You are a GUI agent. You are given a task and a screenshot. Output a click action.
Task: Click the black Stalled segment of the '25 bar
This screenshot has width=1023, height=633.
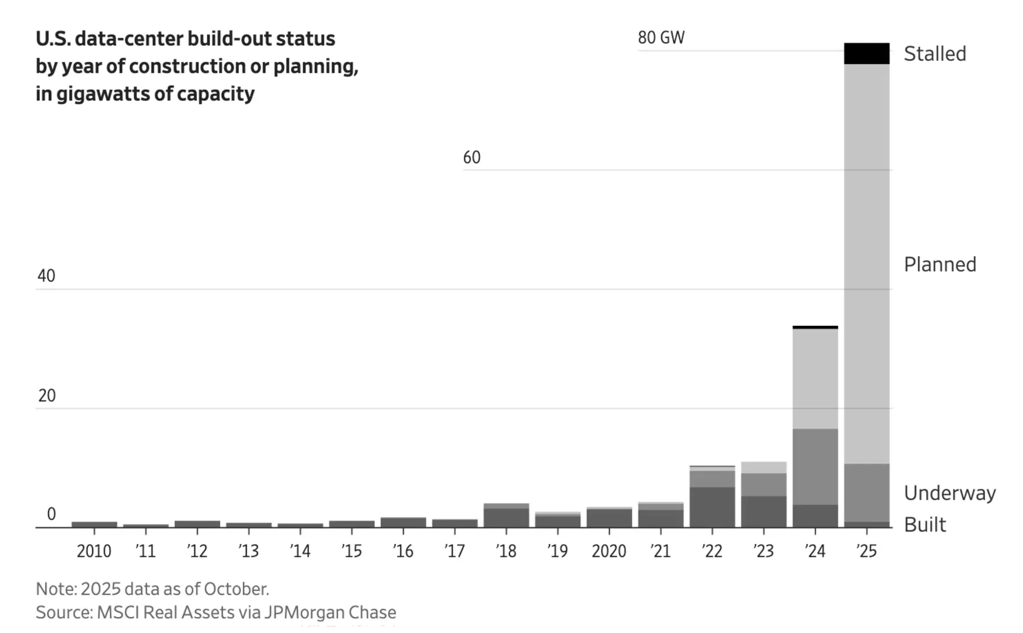866,53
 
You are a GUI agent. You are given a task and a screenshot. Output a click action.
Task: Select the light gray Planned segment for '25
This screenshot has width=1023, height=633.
866,264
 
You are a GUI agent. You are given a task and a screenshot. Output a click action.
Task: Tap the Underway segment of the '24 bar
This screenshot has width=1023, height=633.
815,467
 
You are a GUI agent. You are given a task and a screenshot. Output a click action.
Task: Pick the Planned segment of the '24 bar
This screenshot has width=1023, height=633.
815,379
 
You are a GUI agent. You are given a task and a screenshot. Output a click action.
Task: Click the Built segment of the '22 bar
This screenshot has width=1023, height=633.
712,507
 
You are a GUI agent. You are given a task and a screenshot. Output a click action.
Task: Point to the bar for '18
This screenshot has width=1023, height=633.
506,516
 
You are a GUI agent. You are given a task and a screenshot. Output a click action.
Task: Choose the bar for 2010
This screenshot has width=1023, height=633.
94,524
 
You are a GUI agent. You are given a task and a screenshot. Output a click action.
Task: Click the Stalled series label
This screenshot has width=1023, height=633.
934,54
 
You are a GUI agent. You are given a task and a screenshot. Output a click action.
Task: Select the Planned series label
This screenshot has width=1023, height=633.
940,264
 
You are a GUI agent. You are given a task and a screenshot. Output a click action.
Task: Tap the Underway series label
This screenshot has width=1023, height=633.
950,493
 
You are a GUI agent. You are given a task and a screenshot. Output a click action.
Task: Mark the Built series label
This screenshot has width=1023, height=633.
925,525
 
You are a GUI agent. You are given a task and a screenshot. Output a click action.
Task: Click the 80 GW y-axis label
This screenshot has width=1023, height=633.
661,38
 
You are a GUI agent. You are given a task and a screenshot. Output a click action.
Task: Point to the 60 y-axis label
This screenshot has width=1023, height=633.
472,157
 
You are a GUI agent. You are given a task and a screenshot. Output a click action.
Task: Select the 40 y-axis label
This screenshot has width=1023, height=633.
46,276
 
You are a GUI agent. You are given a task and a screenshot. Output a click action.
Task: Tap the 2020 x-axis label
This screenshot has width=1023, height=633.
609,551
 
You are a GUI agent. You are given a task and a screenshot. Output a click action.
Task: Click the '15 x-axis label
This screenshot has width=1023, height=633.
351,551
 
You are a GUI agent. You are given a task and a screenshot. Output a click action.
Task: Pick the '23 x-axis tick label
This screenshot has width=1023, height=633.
763,551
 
